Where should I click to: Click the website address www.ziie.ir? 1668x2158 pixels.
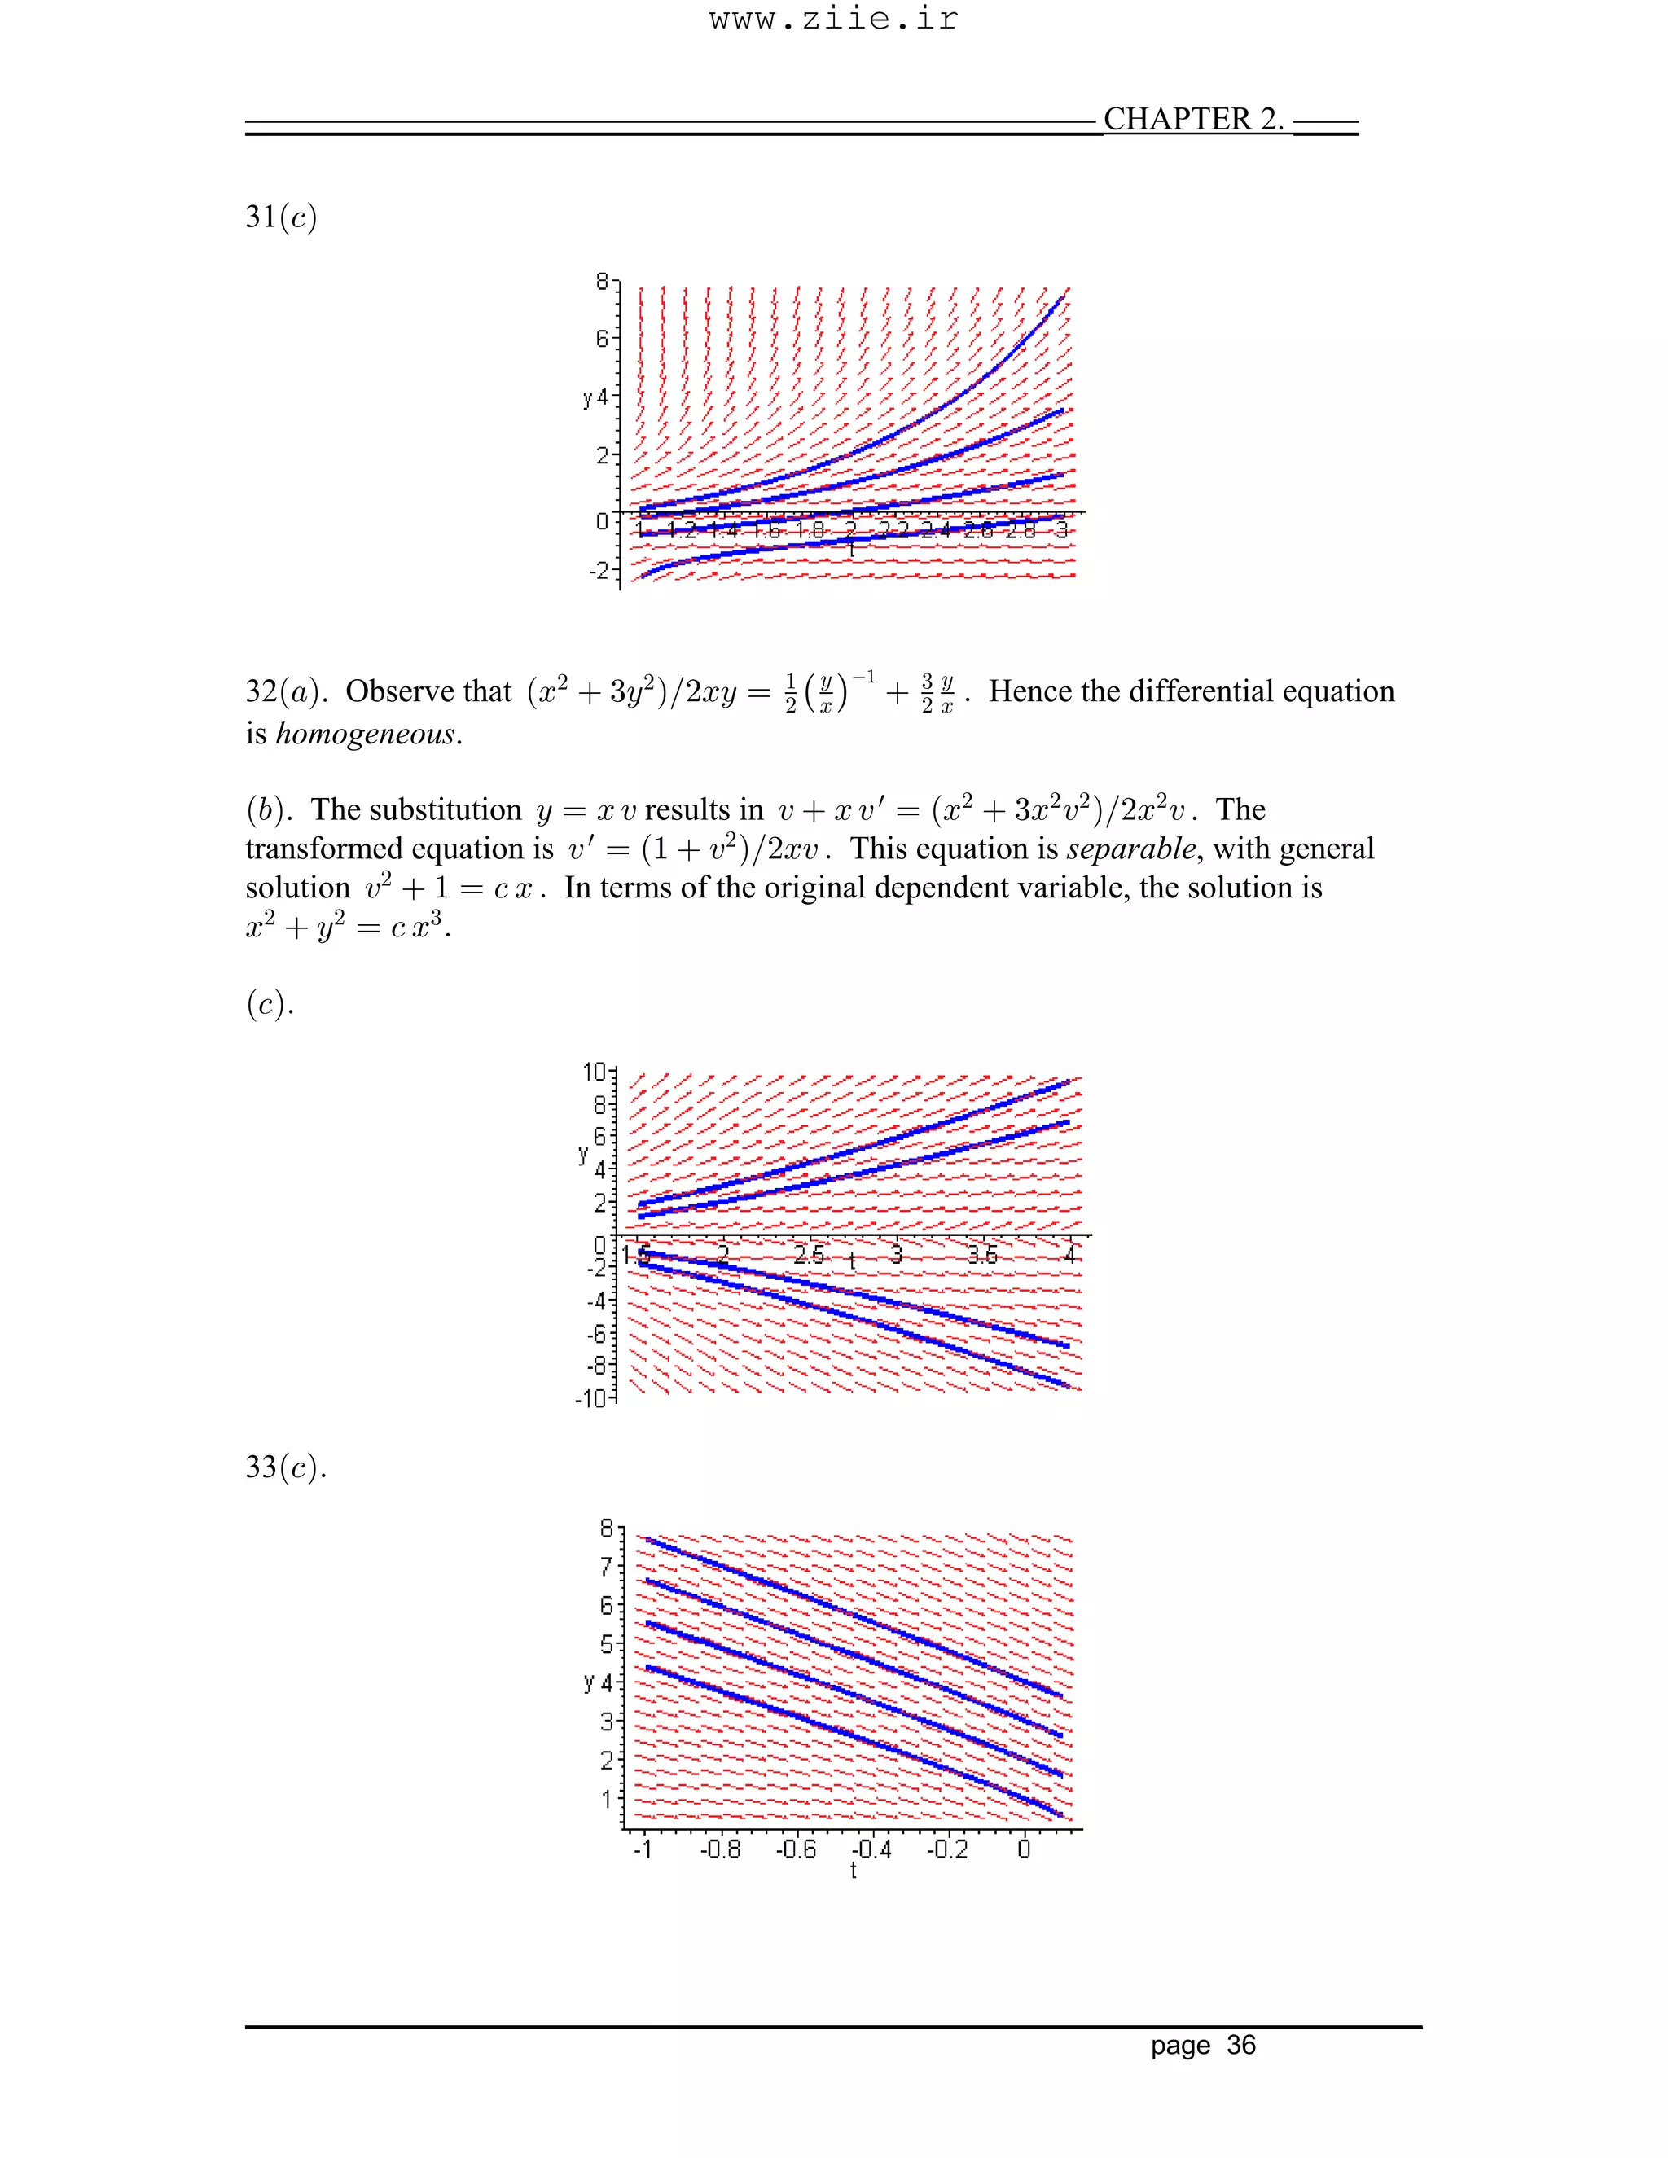tap(833, 20)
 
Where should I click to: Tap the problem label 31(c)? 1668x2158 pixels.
tap(281, 217)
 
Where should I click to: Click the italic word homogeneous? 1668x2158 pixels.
tap(367, 735)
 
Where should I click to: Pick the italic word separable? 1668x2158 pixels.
tap(1130, 849)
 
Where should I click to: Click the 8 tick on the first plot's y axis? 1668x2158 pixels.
tap(602, 283)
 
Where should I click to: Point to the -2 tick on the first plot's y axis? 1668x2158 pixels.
tap(599, 571)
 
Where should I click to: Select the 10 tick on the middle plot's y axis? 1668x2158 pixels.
tap(594, 1072)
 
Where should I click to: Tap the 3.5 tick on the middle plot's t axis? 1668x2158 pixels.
tap(982, 1256)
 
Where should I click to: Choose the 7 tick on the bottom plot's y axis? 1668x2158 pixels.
tap(607, 1567)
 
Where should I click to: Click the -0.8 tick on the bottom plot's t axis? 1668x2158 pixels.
tap(719, 1849)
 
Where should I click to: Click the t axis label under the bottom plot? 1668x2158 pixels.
tap(853, 1871)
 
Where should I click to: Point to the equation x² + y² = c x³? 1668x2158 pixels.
tap(348, 927)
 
